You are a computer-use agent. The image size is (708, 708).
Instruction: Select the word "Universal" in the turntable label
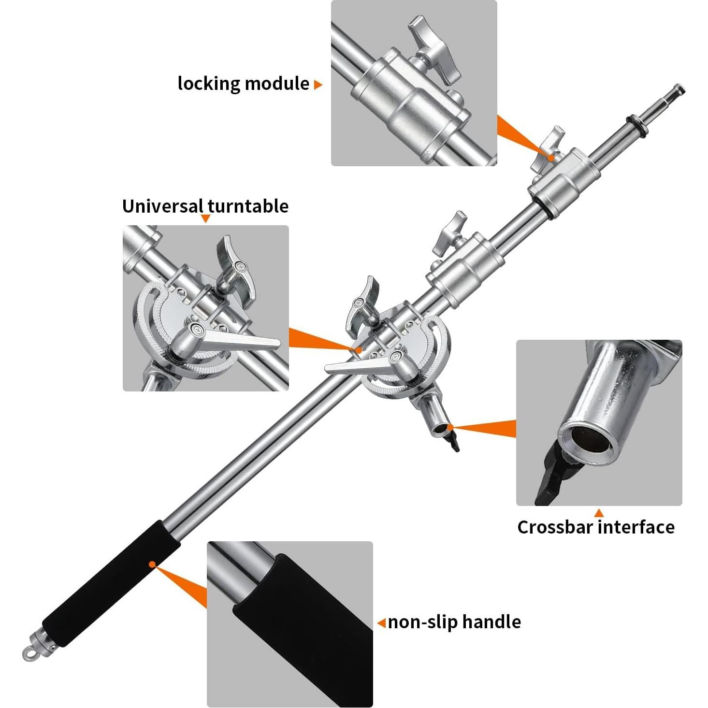(162, 206)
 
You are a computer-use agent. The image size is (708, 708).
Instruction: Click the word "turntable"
(248, 206)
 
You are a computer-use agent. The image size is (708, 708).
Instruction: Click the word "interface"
(636, 527)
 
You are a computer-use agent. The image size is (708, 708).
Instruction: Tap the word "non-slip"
(422, 622)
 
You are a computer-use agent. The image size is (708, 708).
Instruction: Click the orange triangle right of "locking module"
(318, 85)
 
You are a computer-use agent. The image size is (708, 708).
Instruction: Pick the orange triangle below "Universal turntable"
(205, 219)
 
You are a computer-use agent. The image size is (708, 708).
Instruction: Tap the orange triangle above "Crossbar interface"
(599, 513)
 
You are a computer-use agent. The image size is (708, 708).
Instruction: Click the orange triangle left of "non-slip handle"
(381, 622)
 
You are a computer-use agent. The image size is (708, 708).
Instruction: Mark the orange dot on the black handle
(152, 564)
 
